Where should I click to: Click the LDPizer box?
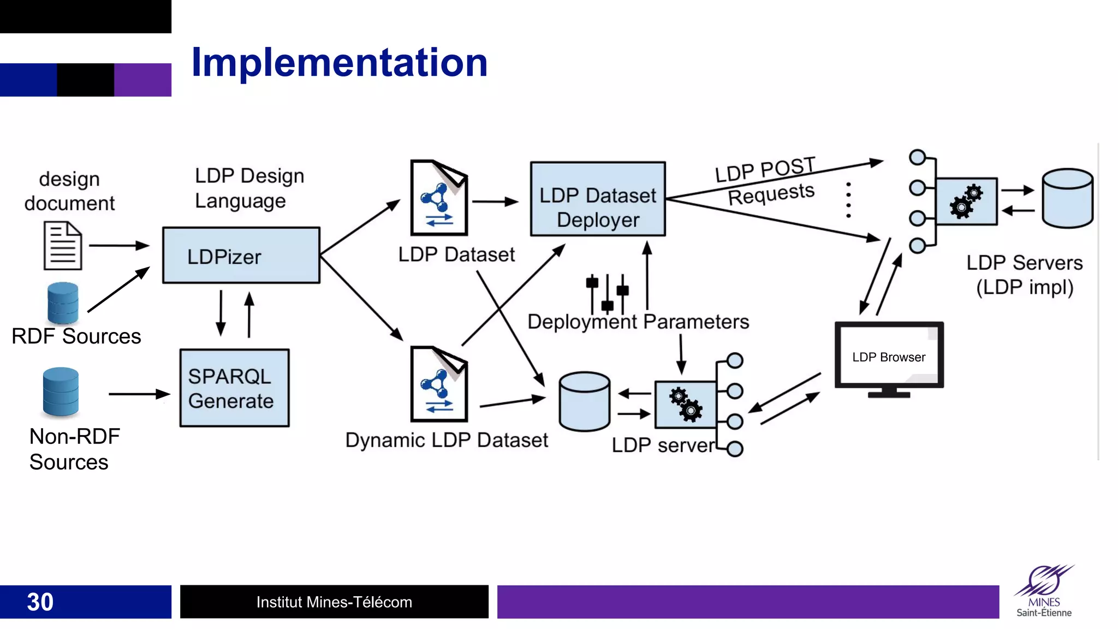pyautogui.click(x=241, y=256)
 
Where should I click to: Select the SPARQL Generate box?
pyautogui.click(x=234, y=388)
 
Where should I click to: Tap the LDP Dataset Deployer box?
pyautogui.click(x=598, y=199)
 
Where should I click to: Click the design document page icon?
pyautogui.click(x=63, y=246)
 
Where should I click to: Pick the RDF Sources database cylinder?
pyautogui.click(x=63, y=303)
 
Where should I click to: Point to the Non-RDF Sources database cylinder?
pyautogui.click(x=61, y=391)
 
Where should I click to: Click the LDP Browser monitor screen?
pyautogui.click(x=889, y=355)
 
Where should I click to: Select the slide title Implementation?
pyautogui.click(x=339, y=62)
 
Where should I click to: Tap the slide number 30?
pyautogui.click(x=40, y=602)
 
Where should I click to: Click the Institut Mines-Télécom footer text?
pyautogui.click(x=334, y=602)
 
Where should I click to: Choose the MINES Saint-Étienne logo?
pyautogui.click(x=1044, y=592)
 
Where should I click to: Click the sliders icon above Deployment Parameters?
pyautogui.click(x=607, y=292)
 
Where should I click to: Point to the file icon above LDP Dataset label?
pyautogui.click(x=439, y=198)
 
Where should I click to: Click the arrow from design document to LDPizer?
pyautogui.click(x=119, y=246)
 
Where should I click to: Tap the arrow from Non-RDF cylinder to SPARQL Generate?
pyautogui.click(x=139, y=394)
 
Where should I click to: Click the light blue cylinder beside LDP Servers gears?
pyautogui.click(x=1067, y=198)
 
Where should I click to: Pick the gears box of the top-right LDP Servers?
pyautogui.click(x=966, y=201)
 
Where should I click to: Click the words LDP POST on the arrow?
pyautogui.click(x=765, y=169)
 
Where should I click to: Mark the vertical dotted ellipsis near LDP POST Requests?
pyautogui.click(x=848, y=200)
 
